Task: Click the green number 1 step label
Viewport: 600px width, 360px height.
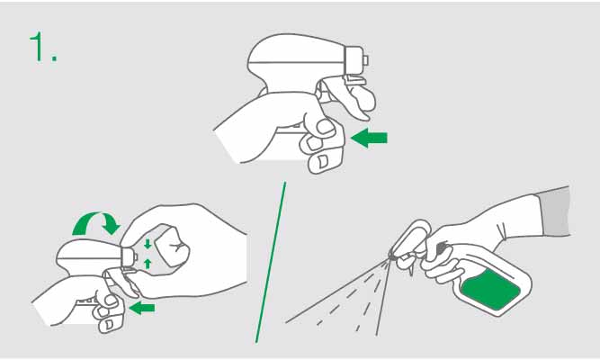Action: [x=43, y=47]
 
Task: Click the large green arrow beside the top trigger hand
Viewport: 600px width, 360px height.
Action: [x=369, y=138]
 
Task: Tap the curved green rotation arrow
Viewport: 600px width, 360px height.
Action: [x=97, y=222]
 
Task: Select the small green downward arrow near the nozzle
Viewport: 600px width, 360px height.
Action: [x=148, y=244]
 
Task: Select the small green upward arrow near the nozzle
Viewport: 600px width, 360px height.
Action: [x=148, y=264]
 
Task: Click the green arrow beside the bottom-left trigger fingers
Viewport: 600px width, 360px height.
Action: [x=142, y=308]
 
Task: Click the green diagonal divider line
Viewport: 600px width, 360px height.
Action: [x=271, y=262]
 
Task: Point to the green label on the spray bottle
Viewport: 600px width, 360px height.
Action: [x=491, y=289]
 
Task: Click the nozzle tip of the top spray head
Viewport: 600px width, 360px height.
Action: [x=365, y=60]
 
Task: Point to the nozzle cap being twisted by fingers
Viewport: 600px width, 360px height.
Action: [x=130, y=256]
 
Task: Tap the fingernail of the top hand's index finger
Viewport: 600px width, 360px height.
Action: [x=325, y=127]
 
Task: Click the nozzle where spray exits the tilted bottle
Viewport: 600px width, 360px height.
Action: [x=390, y=254]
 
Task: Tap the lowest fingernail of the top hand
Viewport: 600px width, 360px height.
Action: [x=323, y=161]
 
